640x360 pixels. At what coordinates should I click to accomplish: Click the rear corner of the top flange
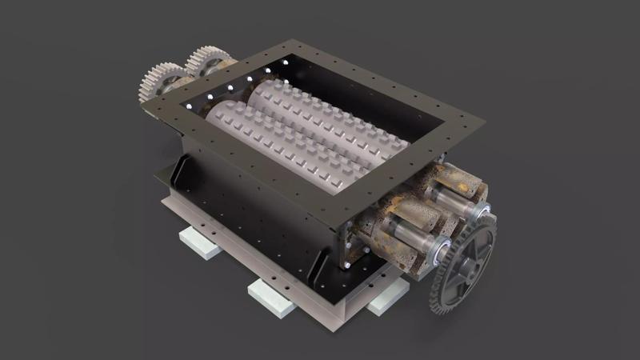point(277,45)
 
